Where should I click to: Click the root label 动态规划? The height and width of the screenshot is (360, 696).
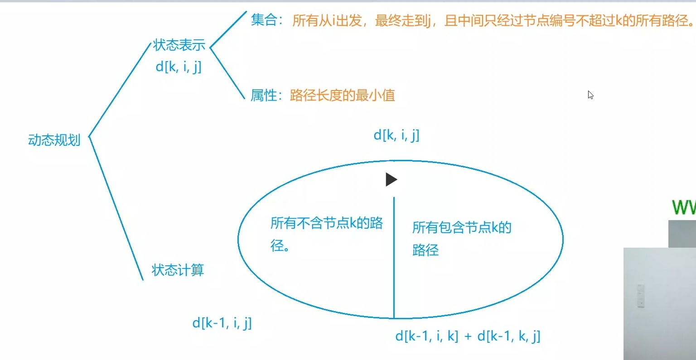(x=54, y=140)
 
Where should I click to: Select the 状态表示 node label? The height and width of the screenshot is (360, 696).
(x=179, y=45)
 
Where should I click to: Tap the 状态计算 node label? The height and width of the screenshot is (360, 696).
(x=178, y=270)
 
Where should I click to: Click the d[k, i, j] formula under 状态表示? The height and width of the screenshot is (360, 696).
(x=179, y=67)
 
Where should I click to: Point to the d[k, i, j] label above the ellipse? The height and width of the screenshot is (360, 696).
(x=396, y=135)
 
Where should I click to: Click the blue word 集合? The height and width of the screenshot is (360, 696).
(x=264, y=20)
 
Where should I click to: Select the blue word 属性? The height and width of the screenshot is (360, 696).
(x=264, y=95)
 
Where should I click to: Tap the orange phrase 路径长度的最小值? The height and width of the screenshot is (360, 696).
(x=343, y=95)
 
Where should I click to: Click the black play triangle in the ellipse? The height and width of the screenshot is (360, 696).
(x=391, y=180)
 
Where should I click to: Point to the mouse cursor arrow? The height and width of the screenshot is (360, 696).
(x=590, y=94)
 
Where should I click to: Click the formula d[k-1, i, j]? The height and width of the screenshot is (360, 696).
(x=222, y=323)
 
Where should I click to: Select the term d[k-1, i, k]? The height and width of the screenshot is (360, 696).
(x=427, y=336)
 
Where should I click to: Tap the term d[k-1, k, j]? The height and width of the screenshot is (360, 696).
(x=509, y=336)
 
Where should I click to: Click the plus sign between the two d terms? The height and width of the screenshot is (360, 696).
(x=468, y=336)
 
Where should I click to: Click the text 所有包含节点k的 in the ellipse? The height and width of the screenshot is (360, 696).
(x=462, y=227)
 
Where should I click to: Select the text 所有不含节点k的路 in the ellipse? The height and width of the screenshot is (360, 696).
(x=327, y=223)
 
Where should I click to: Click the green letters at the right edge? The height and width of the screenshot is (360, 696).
(x=684, y=207)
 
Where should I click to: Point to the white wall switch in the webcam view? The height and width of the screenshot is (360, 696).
(x=640, y=296)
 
